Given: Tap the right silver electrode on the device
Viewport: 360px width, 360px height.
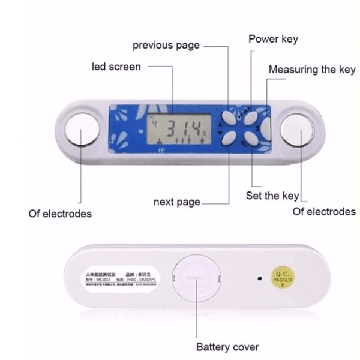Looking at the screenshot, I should coord(298,129).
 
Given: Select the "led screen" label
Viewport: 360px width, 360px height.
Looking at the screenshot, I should coord(116,67).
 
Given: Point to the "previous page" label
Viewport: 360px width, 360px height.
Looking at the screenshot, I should coord(166,46).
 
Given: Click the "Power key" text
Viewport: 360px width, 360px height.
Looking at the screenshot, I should coord(273,40).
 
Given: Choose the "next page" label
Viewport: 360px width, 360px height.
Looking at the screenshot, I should coord(176,202).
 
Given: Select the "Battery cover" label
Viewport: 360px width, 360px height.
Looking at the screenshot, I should coord(227,347).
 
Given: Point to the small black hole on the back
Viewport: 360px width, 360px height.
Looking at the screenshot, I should coord(259,278).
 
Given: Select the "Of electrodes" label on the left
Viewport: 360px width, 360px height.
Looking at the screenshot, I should coord(60,213).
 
